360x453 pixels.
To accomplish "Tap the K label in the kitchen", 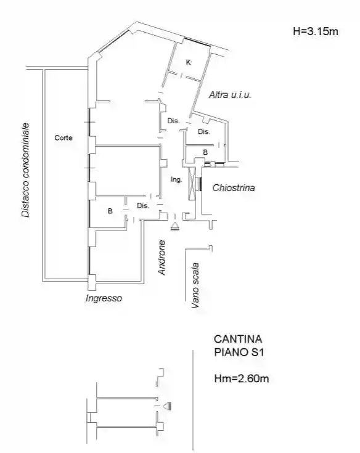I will point(188,62).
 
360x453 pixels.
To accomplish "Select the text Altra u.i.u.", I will point(231,95).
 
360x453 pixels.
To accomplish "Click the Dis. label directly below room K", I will point(173,121).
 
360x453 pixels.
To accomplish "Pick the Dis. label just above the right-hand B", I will point(204,132).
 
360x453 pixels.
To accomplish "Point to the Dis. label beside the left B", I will point(143,206).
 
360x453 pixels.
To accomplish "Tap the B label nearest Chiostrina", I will point(205,152).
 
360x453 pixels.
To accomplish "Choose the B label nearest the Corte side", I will point(110,211).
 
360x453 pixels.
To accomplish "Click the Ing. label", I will point(176,179).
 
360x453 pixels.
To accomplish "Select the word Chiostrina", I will point(233,187).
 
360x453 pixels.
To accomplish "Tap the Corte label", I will point(63,138).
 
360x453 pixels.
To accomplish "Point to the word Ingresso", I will point(104,298).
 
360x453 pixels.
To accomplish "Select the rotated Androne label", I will point(162,257).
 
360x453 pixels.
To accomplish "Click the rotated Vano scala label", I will point(195,285).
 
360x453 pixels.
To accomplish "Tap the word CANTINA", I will point(238,339).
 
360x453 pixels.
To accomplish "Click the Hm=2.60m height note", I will point(241,378).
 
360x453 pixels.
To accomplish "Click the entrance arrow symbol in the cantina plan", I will point(166,406).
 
